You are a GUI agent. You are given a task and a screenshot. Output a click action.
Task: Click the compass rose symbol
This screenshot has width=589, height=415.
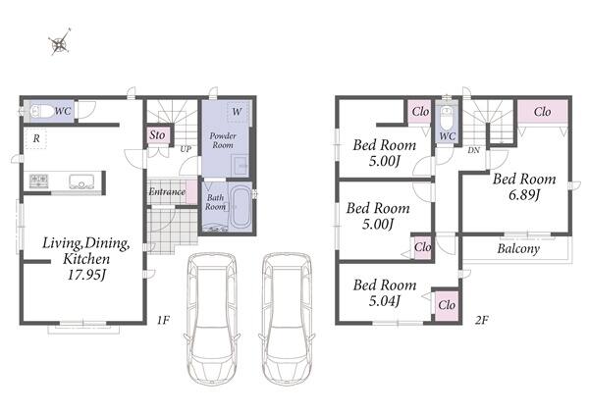(x=60, y=42)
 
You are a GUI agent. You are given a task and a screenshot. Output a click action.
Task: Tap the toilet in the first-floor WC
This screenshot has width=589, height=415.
(x=41, y=111)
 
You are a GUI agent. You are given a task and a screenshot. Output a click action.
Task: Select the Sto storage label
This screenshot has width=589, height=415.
(x=157, y=134)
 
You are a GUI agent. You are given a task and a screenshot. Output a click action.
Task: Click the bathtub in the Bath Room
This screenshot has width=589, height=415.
(x=240, y=207)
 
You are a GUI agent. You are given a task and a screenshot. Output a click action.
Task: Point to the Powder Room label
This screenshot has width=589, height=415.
(x=223, y=140)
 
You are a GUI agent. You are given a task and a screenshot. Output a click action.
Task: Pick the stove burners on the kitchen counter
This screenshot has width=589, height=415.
(x=38, y=182)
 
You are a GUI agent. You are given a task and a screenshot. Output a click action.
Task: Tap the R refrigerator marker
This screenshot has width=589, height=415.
(x=36, y=138)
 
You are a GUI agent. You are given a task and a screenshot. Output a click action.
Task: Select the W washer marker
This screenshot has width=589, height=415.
(x=237, y=112)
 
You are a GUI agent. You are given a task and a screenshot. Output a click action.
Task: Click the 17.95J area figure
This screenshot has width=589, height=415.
(x=86, y=275)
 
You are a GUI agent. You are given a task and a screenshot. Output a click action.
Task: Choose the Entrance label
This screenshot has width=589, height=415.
(x=167, y=192)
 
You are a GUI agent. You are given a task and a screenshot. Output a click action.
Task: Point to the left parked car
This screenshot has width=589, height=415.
(x=212, y=319)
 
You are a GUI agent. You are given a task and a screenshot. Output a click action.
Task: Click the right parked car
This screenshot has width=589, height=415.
(x=287, y=319)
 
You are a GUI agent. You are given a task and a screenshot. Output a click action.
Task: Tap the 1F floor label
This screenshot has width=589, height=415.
(x=163, y=320)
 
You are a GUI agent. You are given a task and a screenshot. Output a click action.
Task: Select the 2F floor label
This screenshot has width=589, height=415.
(x=482, y=320)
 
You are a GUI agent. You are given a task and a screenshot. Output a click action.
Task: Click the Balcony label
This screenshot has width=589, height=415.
(x=518, y=248)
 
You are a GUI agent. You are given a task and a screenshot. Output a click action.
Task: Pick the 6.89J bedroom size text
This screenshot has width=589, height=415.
(x=524, y=195)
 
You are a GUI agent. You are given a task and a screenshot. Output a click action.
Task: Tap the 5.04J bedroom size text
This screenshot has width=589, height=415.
(x=384, y=301)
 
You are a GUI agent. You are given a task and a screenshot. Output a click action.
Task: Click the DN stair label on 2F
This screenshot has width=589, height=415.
(x=474, y=150)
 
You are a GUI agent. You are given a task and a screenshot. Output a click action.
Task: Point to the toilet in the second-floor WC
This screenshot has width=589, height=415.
(x=447, y=118)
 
